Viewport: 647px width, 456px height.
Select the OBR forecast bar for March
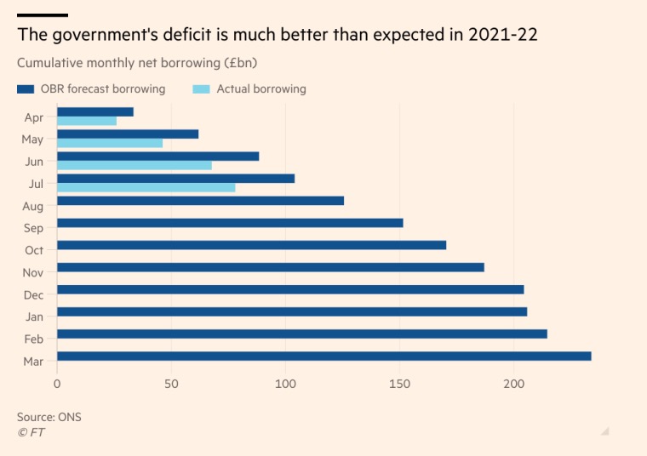323,356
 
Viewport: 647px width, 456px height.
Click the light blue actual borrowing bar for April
86,121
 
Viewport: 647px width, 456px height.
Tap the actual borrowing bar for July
146,187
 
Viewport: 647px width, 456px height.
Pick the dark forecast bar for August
200,201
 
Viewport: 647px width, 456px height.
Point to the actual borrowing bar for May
109,143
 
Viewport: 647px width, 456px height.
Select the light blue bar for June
134,165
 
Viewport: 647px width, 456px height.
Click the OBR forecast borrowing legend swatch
26,88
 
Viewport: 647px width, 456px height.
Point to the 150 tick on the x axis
399,384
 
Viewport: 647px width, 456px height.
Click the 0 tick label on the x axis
57,384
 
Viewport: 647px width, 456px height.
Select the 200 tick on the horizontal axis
513,384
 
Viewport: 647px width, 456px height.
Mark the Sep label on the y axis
34,228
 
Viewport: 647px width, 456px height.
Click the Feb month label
34,339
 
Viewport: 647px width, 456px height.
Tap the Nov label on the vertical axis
33,272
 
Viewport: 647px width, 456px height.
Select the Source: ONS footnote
49,417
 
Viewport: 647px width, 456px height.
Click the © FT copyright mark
31,432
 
